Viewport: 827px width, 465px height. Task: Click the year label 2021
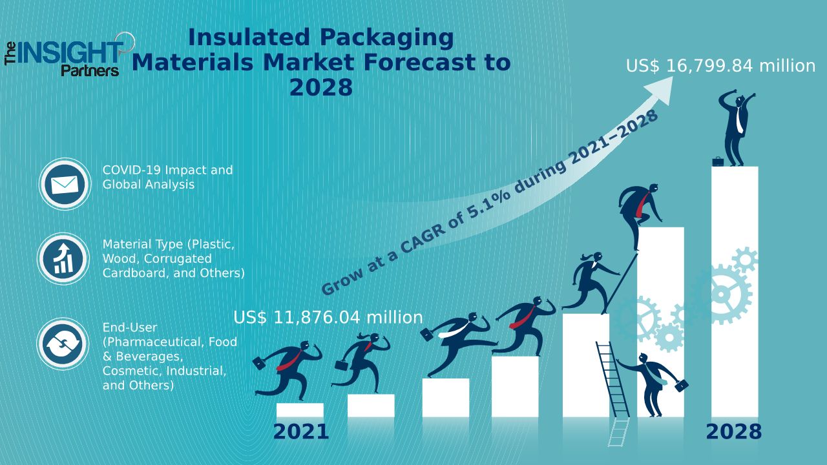(300, 432)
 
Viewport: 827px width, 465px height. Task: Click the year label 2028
(733, 432)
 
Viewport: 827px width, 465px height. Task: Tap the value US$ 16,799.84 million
(720, 66)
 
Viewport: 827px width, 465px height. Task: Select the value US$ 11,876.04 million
(328, 317)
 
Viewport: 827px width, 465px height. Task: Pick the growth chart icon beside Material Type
(64, 259)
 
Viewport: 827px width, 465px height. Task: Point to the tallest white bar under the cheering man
(735, 291)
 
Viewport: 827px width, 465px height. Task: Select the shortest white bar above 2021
(300, 410)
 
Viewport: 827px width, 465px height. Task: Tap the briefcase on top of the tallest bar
(718, 161)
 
